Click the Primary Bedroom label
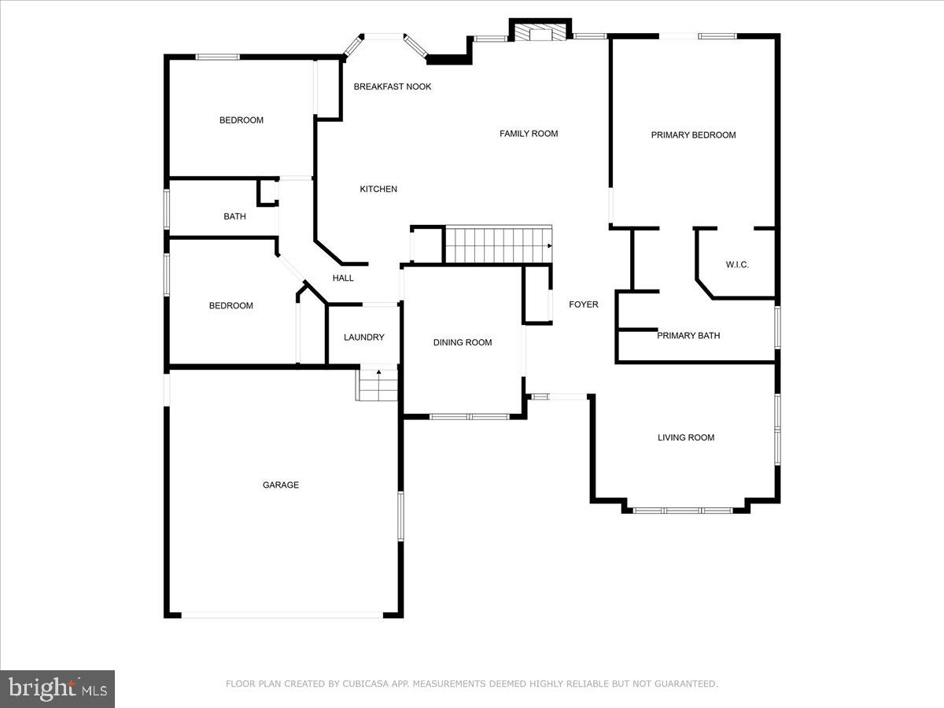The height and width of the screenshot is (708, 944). pos(693,135)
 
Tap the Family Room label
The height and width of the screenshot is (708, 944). pos(529,134)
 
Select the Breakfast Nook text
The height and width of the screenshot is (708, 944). pos(393,87)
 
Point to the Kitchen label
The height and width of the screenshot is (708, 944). pos(378,189)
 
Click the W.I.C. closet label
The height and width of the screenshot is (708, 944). pos(737,265)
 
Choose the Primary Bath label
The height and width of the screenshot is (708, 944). pos(688,336)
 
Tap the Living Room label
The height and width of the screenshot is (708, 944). pos(686,437)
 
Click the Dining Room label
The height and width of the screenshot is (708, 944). pos(463,342)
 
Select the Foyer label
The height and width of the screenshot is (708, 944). pos(584,304)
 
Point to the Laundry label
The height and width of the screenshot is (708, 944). pos(364,337)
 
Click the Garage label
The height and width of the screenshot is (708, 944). pos(281,485)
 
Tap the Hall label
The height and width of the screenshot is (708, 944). pos(343,278)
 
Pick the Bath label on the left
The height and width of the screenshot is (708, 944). pos(234,216)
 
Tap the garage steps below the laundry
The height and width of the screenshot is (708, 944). pos(378,385)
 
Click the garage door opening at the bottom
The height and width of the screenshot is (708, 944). pos(283,615)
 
